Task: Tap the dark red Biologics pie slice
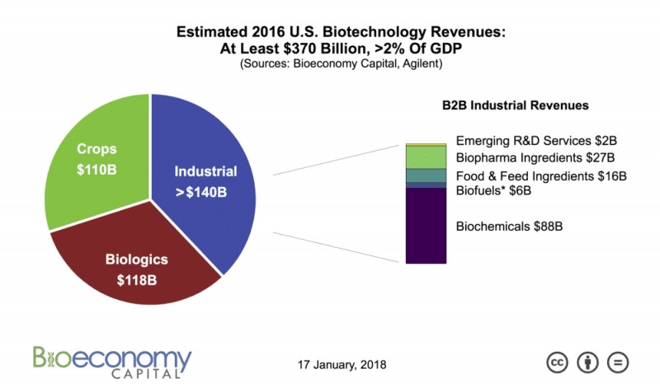click(x=136, y=264)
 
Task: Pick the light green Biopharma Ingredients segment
click(x=426, y=157)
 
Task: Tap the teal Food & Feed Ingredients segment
click(x=426, y=175)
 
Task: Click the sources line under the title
click(x=329, y=63)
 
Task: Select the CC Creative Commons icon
click(x=559, y=362)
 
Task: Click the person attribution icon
click(x=587, y=362)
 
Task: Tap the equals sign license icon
click(x=617, y=362)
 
